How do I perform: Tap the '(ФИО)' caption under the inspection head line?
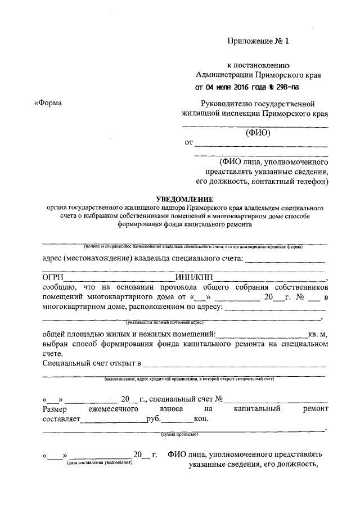259,133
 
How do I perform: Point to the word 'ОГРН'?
53,277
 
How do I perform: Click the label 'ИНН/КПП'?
192,277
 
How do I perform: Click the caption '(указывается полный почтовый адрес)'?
164,323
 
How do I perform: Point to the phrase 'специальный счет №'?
188,399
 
